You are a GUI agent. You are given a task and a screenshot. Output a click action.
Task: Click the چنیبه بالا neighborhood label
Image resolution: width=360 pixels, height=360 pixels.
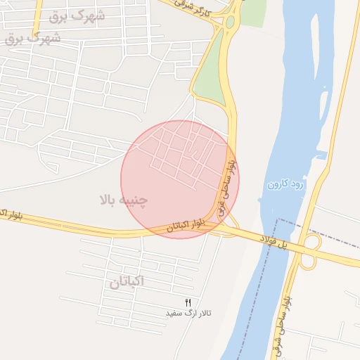point(124,200)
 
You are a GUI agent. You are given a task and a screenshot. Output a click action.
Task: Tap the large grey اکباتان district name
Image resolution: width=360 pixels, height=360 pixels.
point(127,283)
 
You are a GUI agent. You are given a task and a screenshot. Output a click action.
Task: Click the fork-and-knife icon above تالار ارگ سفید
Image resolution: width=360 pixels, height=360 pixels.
point(188,302)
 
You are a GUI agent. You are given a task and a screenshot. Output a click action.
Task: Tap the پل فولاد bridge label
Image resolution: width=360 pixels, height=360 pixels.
point(275,241)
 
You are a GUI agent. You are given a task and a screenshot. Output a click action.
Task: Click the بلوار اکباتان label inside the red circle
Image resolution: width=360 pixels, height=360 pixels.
point(188,226)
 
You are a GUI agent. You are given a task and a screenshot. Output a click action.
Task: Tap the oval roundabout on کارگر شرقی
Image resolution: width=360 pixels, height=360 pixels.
point(230,22)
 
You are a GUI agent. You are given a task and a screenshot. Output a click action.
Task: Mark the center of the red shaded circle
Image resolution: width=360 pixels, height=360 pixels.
point(180,179)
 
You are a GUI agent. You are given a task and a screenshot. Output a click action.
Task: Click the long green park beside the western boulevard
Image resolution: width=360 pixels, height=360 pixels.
point(210,70)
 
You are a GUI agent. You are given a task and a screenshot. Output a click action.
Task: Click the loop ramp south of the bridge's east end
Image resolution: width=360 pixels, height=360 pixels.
point(307,261)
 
